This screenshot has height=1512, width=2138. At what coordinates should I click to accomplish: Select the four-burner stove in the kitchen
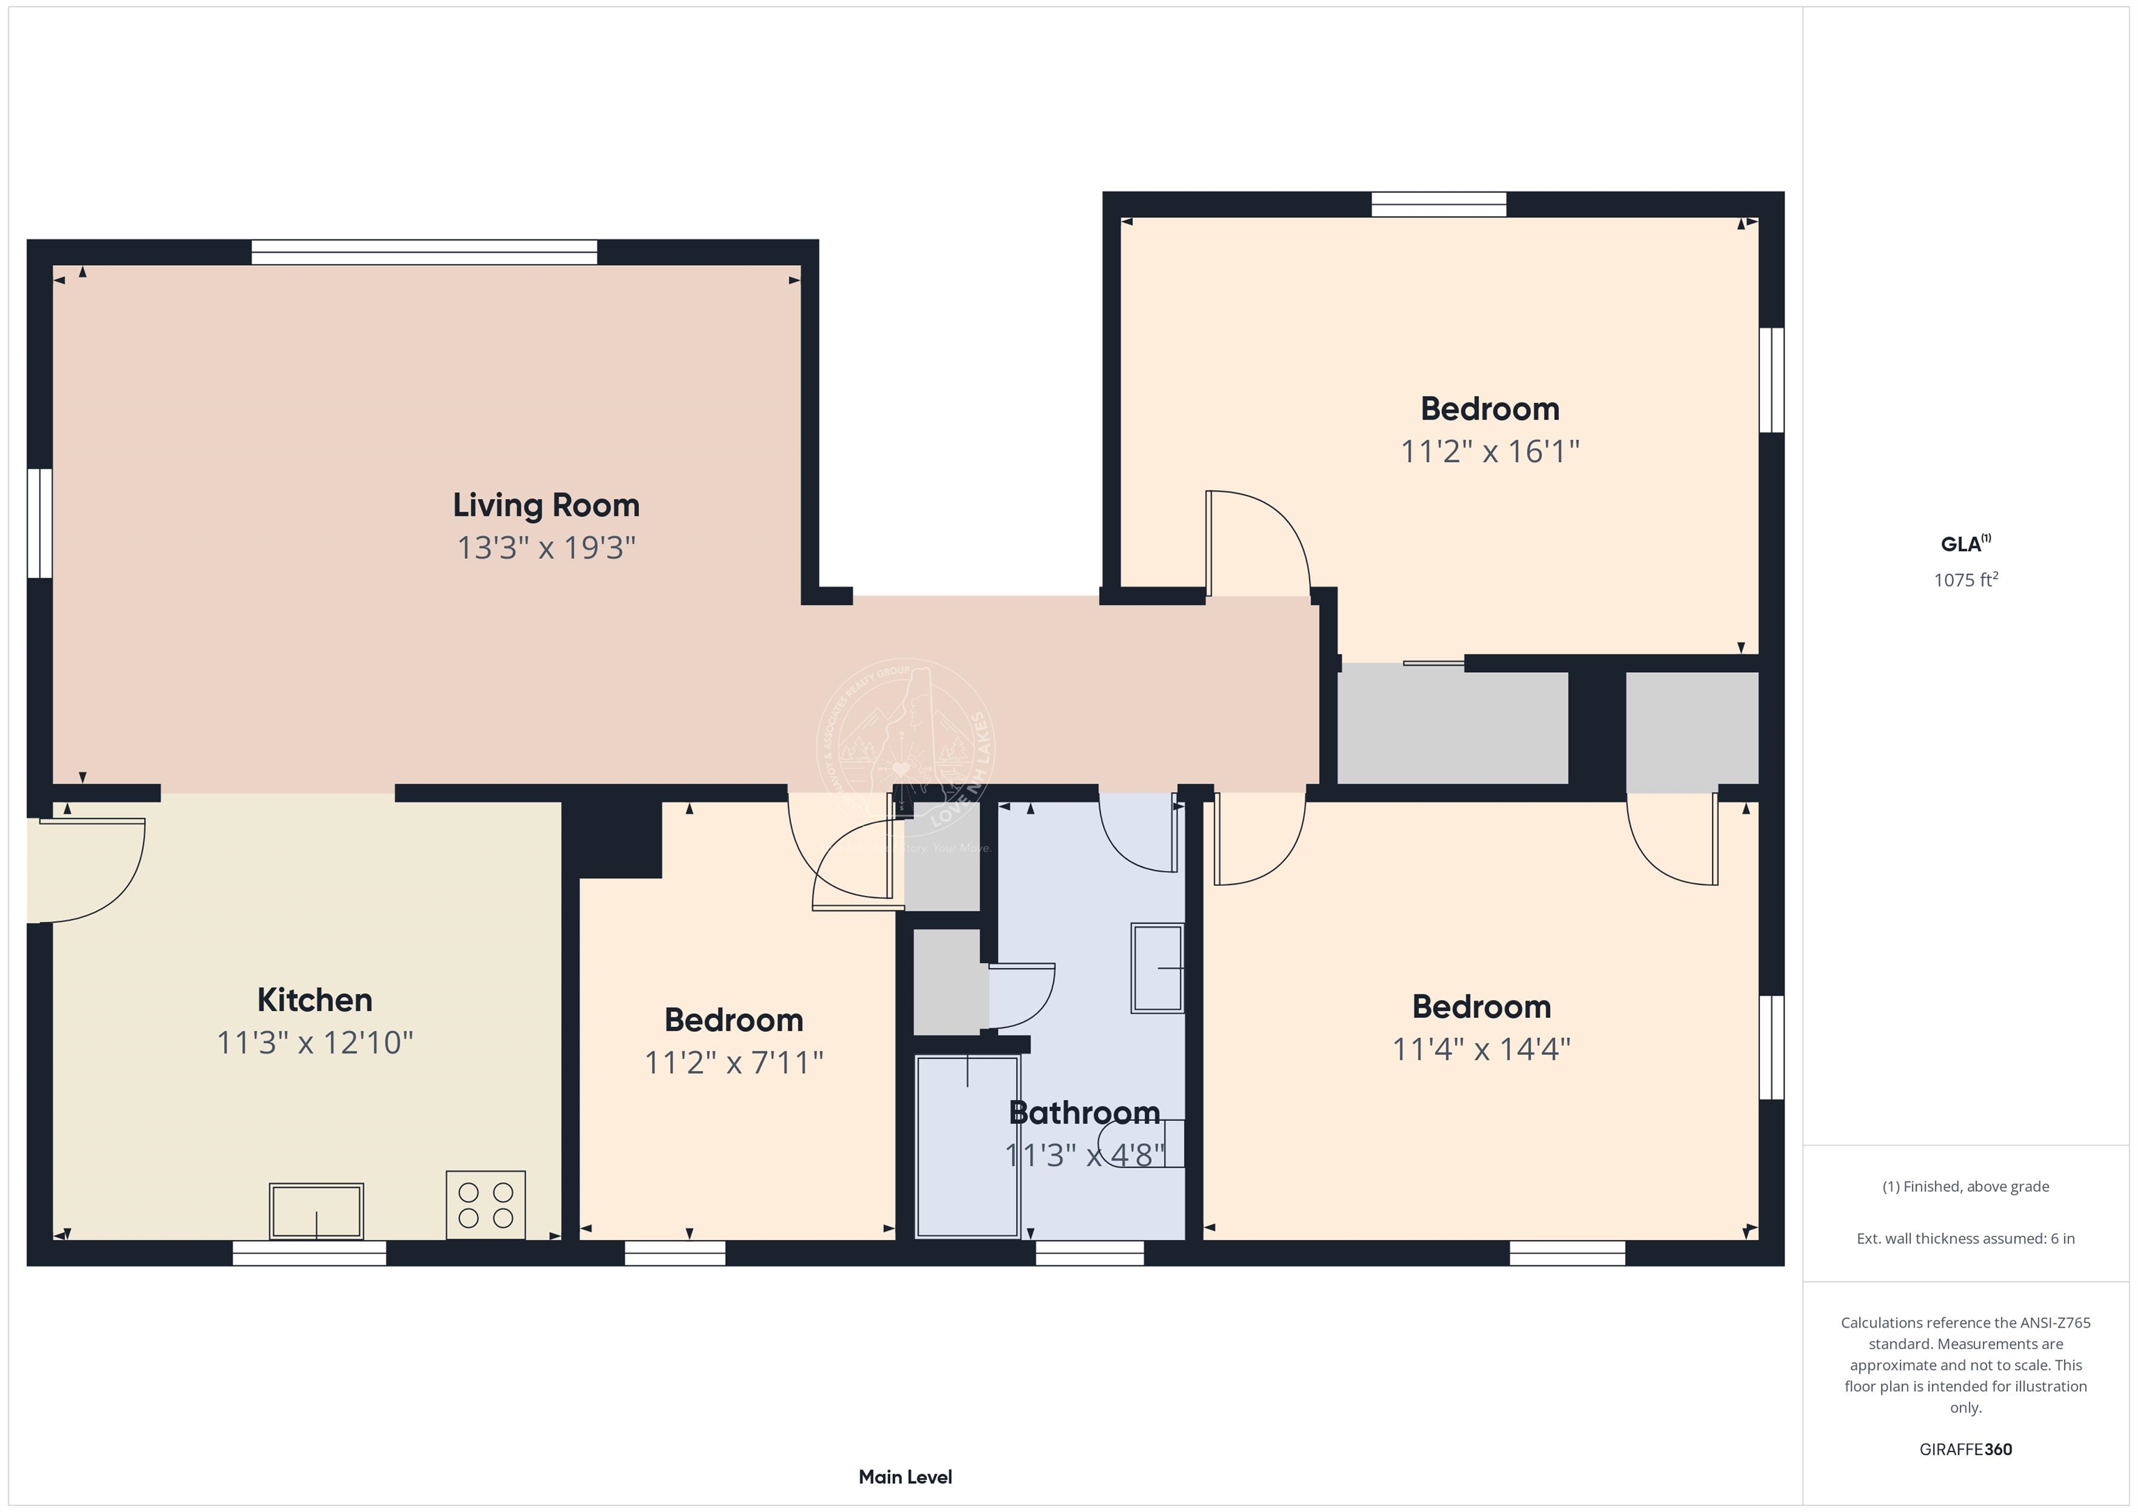pyautogui.click(x=485, y=1204)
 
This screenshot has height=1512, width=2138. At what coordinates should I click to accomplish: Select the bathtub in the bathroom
pyautogui.click(x=967, y=1146)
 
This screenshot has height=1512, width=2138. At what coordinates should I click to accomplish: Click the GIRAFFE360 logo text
pyautogui.click(x=1965, y=1449)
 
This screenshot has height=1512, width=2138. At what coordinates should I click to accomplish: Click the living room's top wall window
pyautogui.click(x=424, y=253)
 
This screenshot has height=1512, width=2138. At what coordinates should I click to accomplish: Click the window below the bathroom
pyautogui.click(x=1088, y=1253)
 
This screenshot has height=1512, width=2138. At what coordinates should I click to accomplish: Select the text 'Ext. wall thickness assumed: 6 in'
pyautogui.click(x=1965, y=1239)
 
